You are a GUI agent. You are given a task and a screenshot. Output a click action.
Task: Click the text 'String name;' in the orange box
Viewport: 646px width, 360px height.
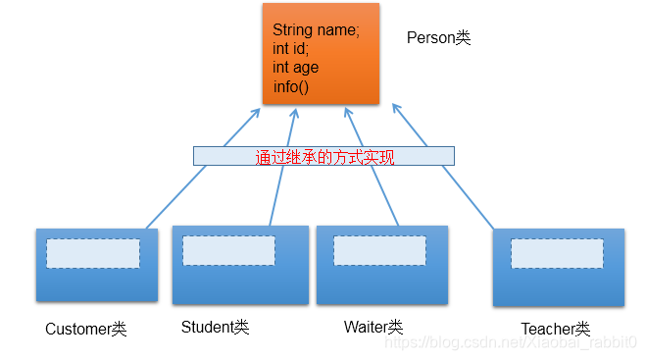[x=316, y=30]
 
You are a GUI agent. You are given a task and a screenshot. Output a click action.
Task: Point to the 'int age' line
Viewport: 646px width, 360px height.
[x=295, y=68]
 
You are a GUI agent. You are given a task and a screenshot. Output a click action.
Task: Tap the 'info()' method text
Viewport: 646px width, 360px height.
[x=290, y=86]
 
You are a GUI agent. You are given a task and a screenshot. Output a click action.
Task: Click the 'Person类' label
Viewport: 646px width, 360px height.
[x=438, y=38]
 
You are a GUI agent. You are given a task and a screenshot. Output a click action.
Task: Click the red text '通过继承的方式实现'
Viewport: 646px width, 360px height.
[x=323, y=156]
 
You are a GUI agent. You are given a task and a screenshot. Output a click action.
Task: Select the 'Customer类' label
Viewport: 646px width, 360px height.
[x=86, y=329]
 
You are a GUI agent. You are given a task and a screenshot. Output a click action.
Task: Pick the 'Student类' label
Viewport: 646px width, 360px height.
[x=215, y=327]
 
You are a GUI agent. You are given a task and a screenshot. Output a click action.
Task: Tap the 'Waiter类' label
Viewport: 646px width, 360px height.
[x=373, y=327]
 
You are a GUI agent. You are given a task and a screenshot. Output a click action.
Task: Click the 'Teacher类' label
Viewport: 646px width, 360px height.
[x=555, y=329]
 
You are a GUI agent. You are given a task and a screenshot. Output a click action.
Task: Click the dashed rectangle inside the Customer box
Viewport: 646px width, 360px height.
[x=93, y=253]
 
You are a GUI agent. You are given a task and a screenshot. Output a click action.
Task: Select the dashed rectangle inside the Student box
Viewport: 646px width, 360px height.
[x=228, y=250]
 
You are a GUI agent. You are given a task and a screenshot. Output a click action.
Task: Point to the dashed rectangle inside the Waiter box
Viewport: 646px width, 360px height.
[x=379, y=250]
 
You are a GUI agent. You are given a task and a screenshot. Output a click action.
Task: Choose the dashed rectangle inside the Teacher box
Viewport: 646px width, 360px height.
[x=556, y=253]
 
